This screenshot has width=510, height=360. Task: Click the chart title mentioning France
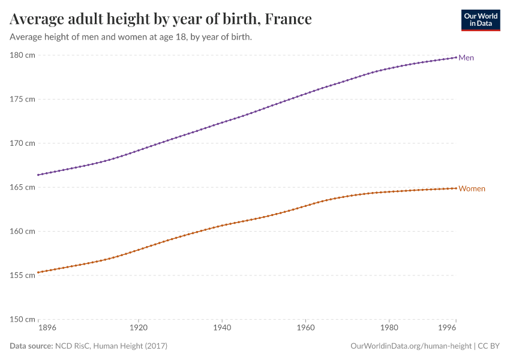tap(161, 19)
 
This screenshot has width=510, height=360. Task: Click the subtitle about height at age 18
tap(131, 37)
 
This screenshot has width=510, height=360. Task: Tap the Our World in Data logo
tap(480, 20)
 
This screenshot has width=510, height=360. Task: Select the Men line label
tap(466, 58)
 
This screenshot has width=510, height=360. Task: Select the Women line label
tap(472, 188)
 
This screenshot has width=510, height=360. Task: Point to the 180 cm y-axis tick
tap(22, 55)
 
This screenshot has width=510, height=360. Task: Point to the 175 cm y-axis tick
tap(22, 99)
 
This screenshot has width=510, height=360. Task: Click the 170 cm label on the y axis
tap(22, 143)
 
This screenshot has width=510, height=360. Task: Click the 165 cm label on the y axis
tap(22, 187)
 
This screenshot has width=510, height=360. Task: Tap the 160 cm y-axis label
tap(22, 231)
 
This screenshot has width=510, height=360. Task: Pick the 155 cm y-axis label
tap(22, 275)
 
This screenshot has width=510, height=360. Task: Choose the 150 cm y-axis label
tap(22, 319)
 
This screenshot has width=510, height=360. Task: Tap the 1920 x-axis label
tap(138, 329)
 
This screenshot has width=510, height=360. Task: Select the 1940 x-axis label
tap(222, 329)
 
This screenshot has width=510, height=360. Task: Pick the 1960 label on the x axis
tap(305, 329)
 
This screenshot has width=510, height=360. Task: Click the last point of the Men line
tap(456, 57)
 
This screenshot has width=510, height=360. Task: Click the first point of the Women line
tap(38, 272)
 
